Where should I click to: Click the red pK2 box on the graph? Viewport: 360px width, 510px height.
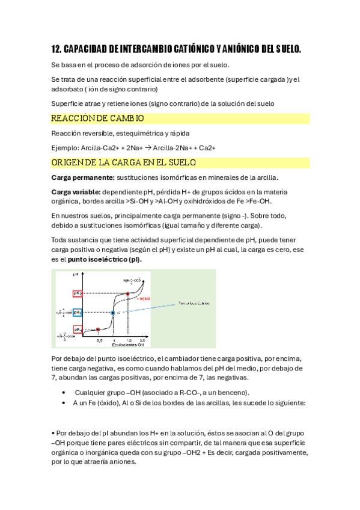(78, 293)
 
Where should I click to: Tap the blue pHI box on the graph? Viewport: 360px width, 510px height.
(78, 313)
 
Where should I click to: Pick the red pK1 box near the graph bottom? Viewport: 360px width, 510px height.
(78, 330)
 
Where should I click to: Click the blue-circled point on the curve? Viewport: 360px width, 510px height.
(113, 313)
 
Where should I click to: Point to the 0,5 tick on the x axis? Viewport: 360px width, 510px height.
(99, 340)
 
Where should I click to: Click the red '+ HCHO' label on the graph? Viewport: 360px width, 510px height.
(144, 298)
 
